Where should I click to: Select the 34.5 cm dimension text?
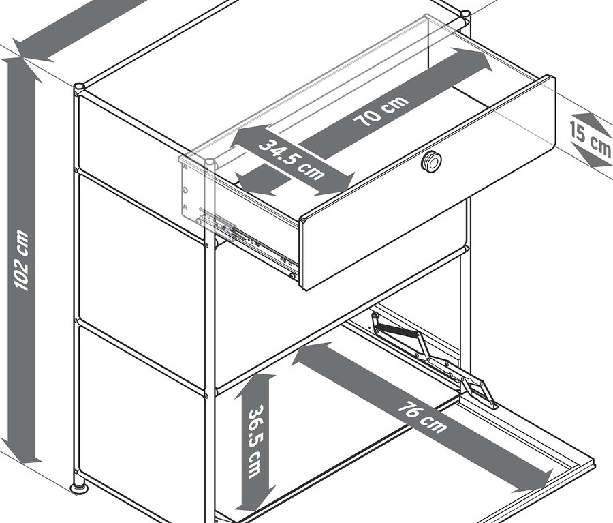pyautogui.click(x=292, y=160)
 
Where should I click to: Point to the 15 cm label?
pyautogui.click(x=590, y=137)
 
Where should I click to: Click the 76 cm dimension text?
pyautogui.click(x=423, y=416)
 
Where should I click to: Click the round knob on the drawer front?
pyautogui.click(x=431, y=161)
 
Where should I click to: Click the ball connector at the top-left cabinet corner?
pyautogui.click(x=80, y=87)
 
